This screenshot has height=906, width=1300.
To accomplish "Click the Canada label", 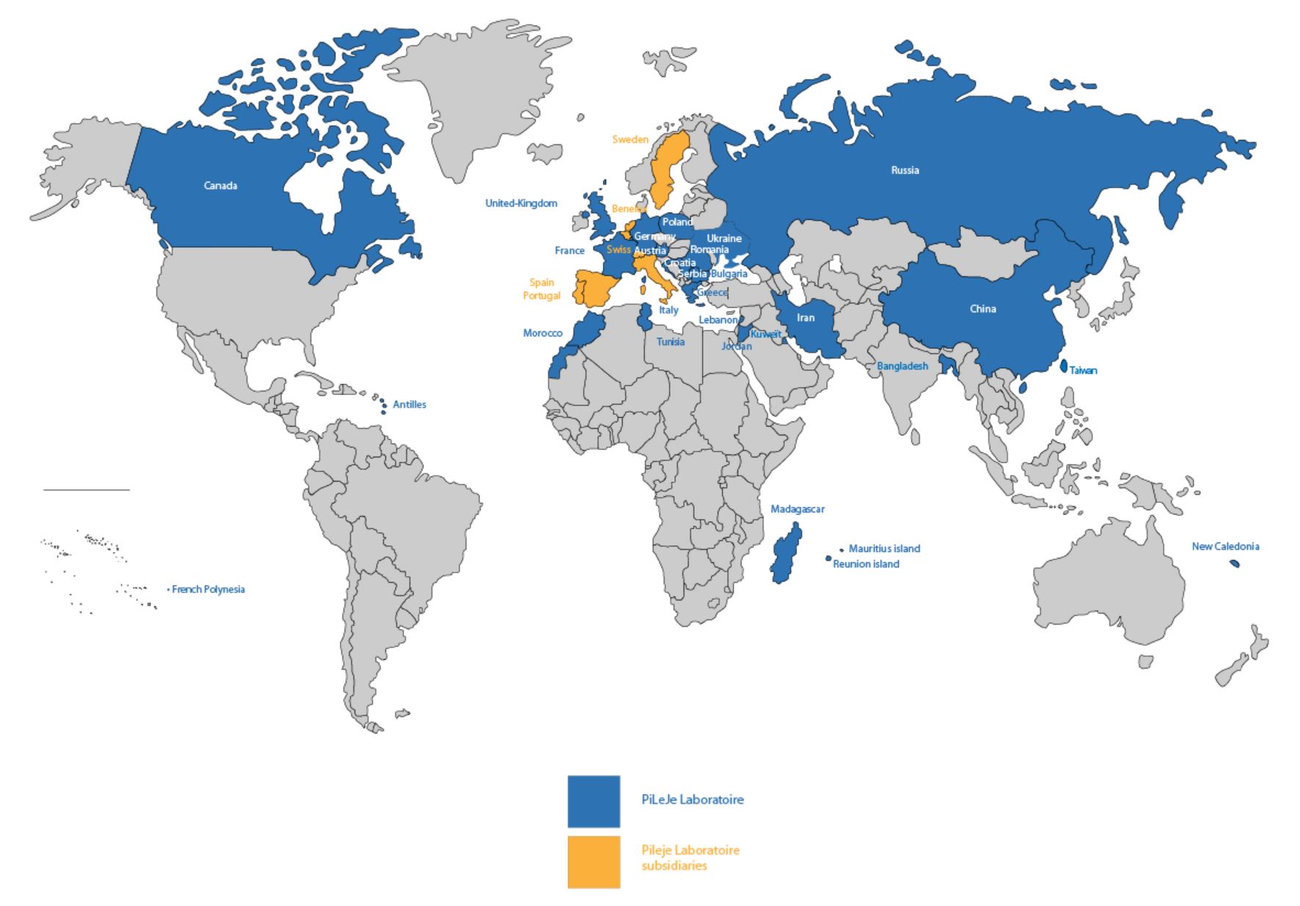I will pyautogui.click(x=220, y=186).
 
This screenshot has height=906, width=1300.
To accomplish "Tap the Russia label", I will pyautogui.click(x=905, y=170).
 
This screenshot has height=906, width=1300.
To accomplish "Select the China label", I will pyautogui.click(x=982, y=309).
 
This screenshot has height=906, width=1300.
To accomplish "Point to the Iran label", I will pyautogui.click(x=806, y=317).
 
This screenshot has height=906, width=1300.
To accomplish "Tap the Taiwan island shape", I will pyautogui.click(x=1064, y=366).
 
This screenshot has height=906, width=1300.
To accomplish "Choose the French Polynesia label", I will pyautogui.click(x=208, y=589).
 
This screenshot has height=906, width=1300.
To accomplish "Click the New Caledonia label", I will pyautogui.click(x=1225, y=546).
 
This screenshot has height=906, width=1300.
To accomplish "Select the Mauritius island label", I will pyautogui.click(x=884, y=548).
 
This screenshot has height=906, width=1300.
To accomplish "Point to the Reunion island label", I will pyautogui.click(x=866, y=564).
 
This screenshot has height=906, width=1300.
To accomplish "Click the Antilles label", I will pyautogui.click(x=409, y=405).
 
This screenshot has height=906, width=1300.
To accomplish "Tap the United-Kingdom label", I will pyautogui.click(x=521, y=203).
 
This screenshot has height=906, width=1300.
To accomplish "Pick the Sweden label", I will pyautogui.click(x=630, y=139).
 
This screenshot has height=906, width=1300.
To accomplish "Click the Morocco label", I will pyautogui.click(x=542, y=333).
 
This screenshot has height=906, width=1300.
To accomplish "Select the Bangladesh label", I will pyautogui.click(x=902, y=366).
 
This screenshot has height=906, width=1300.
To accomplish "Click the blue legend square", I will pyautogui.click(x=594, y=800).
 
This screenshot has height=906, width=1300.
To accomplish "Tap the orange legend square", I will pyautogui.click(x=594, y=862).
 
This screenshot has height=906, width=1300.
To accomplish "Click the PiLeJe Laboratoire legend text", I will pyautogui.click(x=693, y=800).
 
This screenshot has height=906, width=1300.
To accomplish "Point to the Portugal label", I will pyautogui.click(x=541, y=295).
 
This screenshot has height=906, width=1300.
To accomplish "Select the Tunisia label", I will pyautogui.click(x=671, y=342).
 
